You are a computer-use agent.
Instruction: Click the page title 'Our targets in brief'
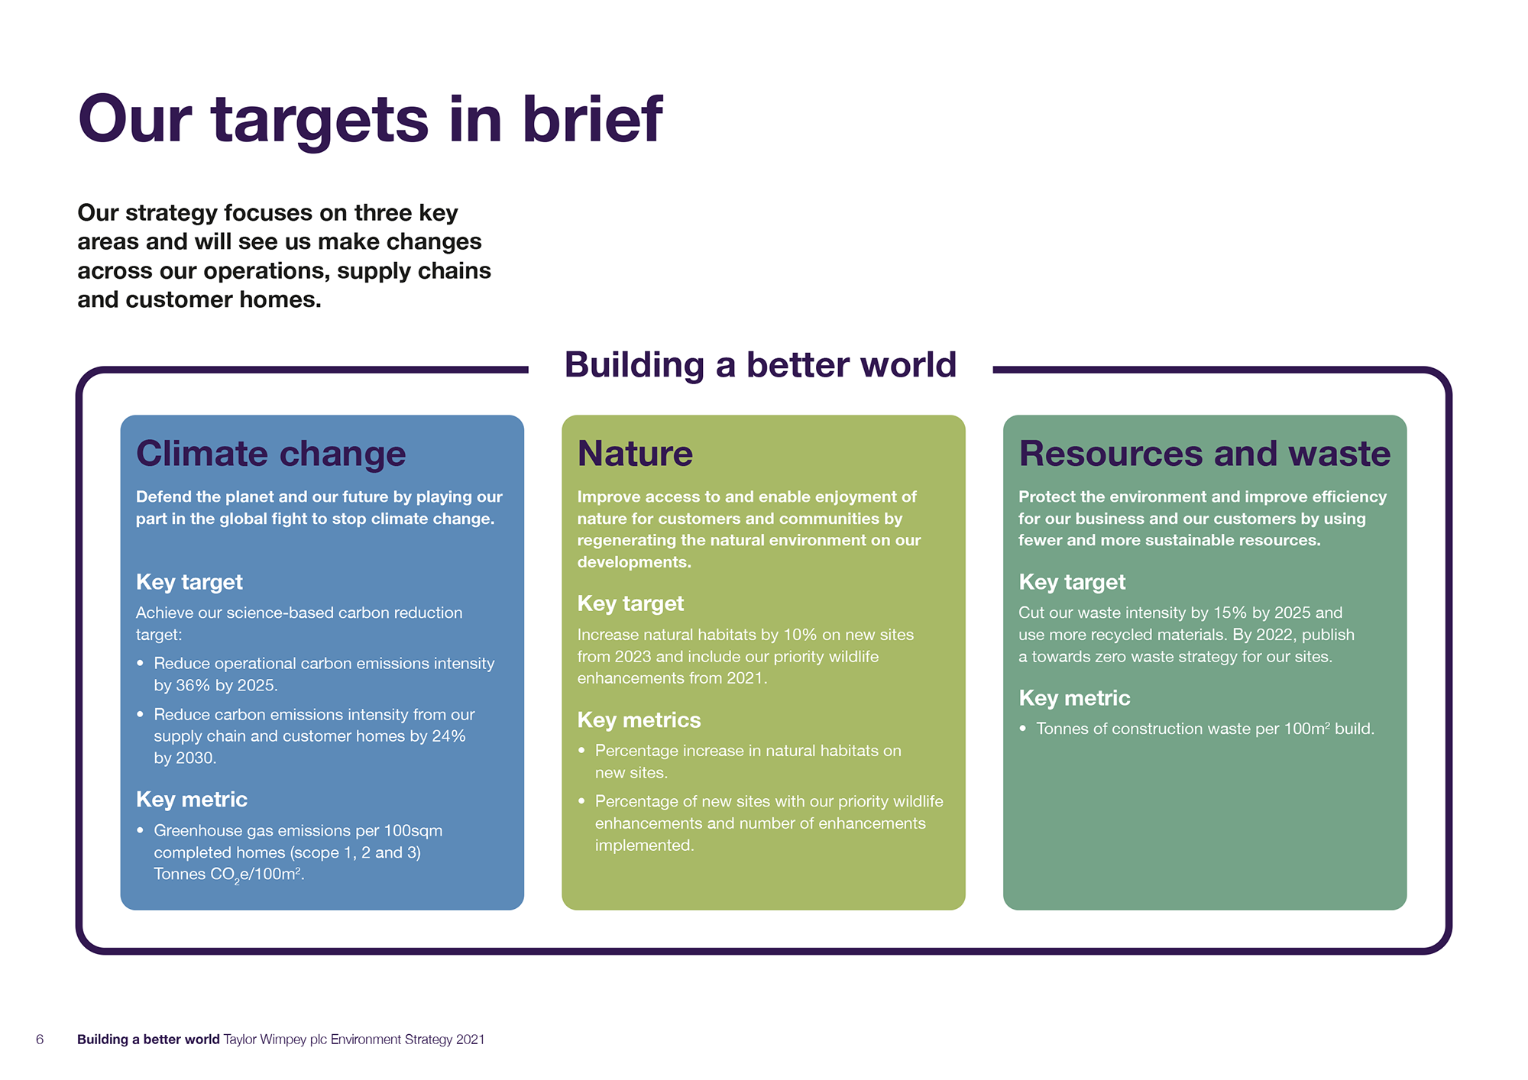point(371,120)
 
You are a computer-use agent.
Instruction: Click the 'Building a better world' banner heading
point(760,365)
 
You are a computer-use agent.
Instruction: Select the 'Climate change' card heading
point(270,454)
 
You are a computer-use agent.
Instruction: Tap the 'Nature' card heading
point(635,454)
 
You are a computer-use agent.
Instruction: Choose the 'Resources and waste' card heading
point(1205,454)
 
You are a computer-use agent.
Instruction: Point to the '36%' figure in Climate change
point(193,685)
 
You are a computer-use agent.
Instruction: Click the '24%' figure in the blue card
point(448,736)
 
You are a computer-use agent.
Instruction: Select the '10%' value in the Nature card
point(801,635)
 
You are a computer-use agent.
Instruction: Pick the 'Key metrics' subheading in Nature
point(639,720)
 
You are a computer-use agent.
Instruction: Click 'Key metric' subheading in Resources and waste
point(1074,698)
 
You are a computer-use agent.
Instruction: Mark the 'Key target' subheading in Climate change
point(189,582)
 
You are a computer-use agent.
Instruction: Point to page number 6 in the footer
point(40,1040)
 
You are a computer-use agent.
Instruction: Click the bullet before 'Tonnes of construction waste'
point(1023,729)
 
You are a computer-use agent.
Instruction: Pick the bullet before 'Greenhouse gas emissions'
point(141,830)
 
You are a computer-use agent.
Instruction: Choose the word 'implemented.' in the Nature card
point(645,846)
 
